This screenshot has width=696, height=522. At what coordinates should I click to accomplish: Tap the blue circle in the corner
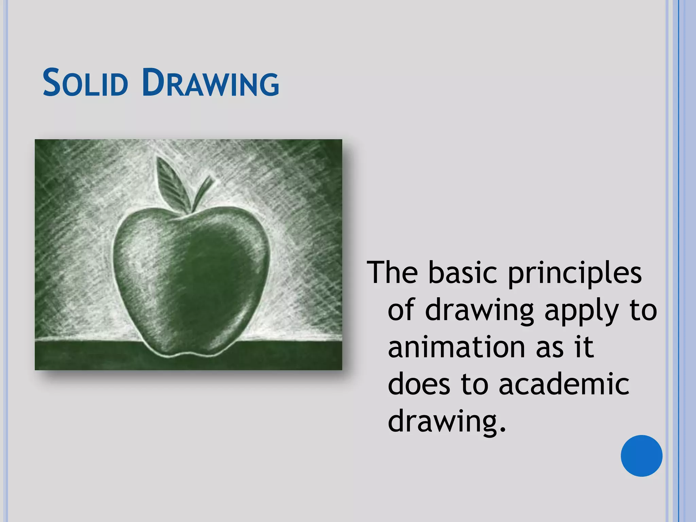tap(641, 456)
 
